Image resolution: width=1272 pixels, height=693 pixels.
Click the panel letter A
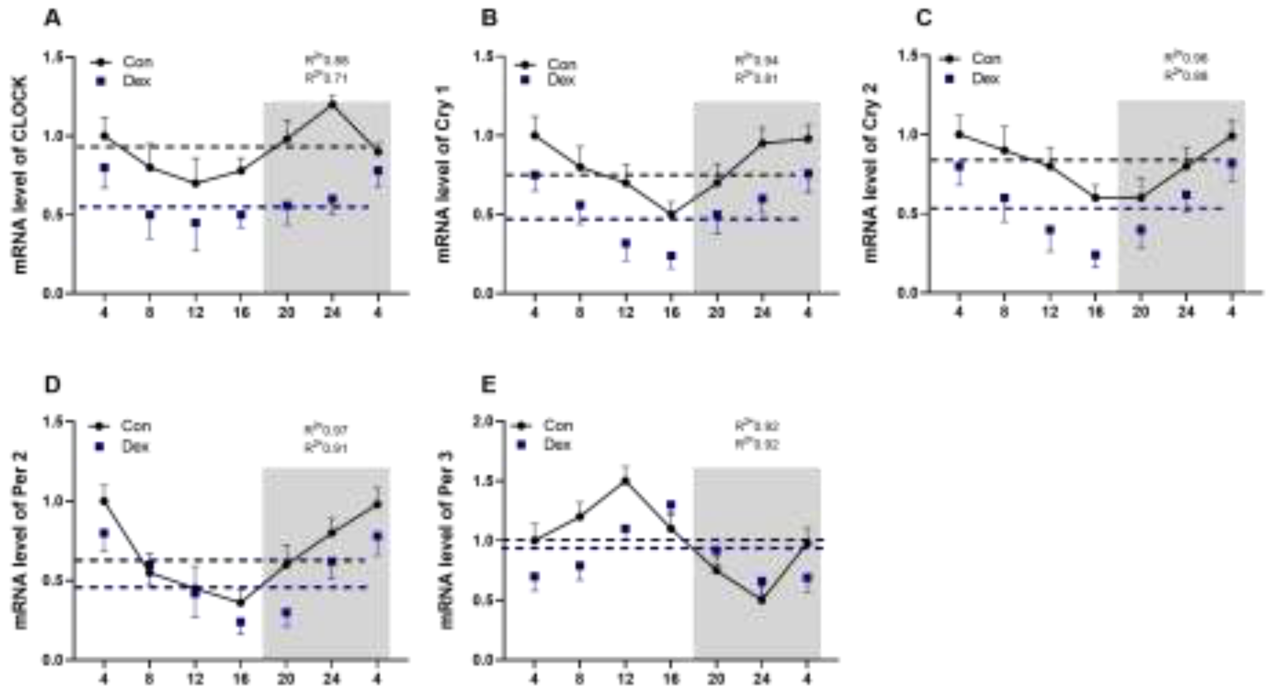53,18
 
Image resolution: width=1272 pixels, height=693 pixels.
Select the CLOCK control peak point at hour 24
332,104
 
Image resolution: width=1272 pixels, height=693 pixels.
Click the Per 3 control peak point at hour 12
626,481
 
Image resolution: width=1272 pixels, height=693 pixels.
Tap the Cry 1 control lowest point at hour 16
671,215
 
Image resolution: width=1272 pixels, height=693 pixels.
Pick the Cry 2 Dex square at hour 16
1095,255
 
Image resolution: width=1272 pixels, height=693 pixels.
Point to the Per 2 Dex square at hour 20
286,613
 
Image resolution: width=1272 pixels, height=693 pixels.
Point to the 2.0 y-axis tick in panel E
483,421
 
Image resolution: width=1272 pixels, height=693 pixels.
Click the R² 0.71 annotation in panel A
325,78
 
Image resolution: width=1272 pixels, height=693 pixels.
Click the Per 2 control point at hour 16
240,603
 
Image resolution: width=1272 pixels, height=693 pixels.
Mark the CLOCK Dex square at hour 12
195,223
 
